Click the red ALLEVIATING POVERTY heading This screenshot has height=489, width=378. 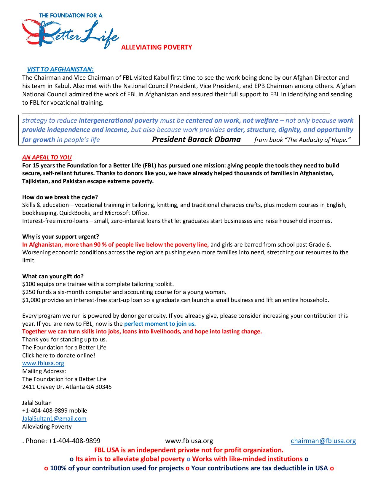pyautogui.click(x=157, y=47)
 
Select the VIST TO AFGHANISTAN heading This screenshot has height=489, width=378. pyautogui.click(x=60, y=69)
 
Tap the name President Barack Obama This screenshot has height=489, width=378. pyautogui.click(x=196, y=139)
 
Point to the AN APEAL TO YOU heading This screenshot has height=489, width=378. pyautogui.click(x=47, y=157)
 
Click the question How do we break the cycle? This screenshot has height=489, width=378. pyautogui.click(x=60, y=197)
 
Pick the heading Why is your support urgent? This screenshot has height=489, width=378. pyautogui.click(x=60, y=236)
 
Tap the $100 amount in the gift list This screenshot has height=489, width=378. pyautogui.click(x=28, y=284)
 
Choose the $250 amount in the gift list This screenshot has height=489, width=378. pyautogui.click(x=28, y=292)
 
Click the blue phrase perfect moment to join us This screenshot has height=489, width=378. pyautogui.click(x=160, y=324)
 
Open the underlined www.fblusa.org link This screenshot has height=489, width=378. pyautogui.click(x=43, y=363)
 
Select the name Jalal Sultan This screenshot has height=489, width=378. pyautogui.click(x=37, y=403)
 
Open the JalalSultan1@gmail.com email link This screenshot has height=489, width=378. pyautogui.click(x=54, y=418)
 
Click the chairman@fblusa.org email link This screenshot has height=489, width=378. pyautogui.click(x=323, y=441)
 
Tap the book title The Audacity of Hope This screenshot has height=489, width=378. pyautogui.click(x=319, y=140)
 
